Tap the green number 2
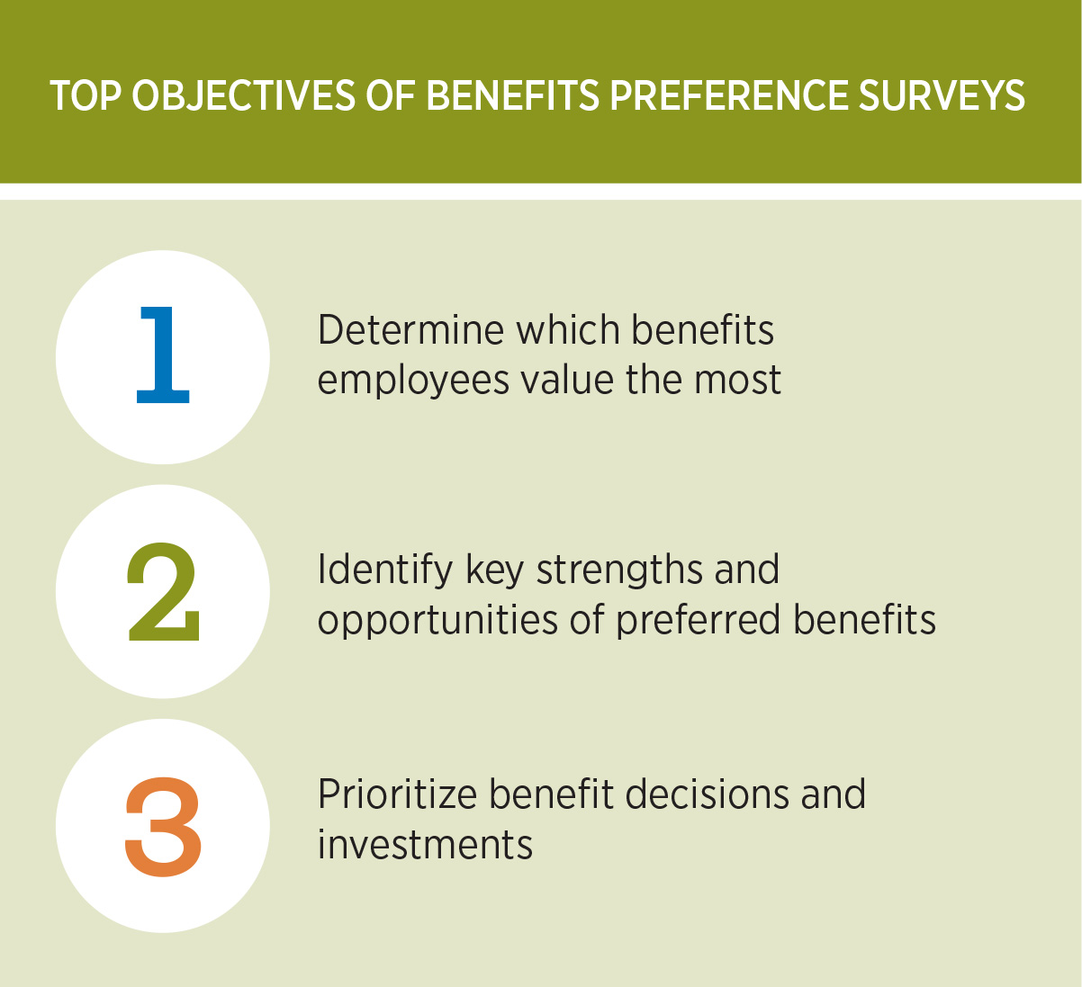click(163, 591)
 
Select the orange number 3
click(163, 826)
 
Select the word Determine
click(410, 330)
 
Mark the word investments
click(425, 845)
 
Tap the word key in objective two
click(494, 570)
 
